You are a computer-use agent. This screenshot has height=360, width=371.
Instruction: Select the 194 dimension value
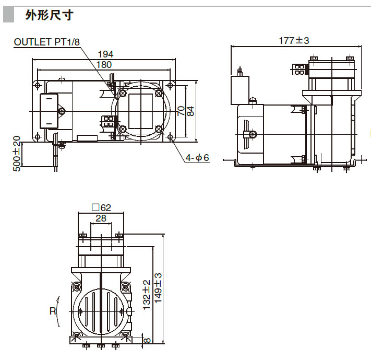click(105, 54)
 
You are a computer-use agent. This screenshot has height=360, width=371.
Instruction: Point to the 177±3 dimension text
click(294, 41)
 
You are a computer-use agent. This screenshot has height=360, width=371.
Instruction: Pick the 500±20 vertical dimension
click(17, 153)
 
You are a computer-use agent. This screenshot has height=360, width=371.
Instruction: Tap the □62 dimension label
click(101, 207)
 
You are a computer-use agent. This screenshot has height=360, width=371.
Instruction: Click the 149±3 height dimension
click(158, 288)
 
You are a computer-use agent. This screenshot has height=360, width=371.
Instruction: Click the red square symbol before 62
click(95, 207)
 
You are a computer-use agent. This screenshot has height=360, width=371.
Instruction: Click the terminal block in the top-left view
click(108, 122)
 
